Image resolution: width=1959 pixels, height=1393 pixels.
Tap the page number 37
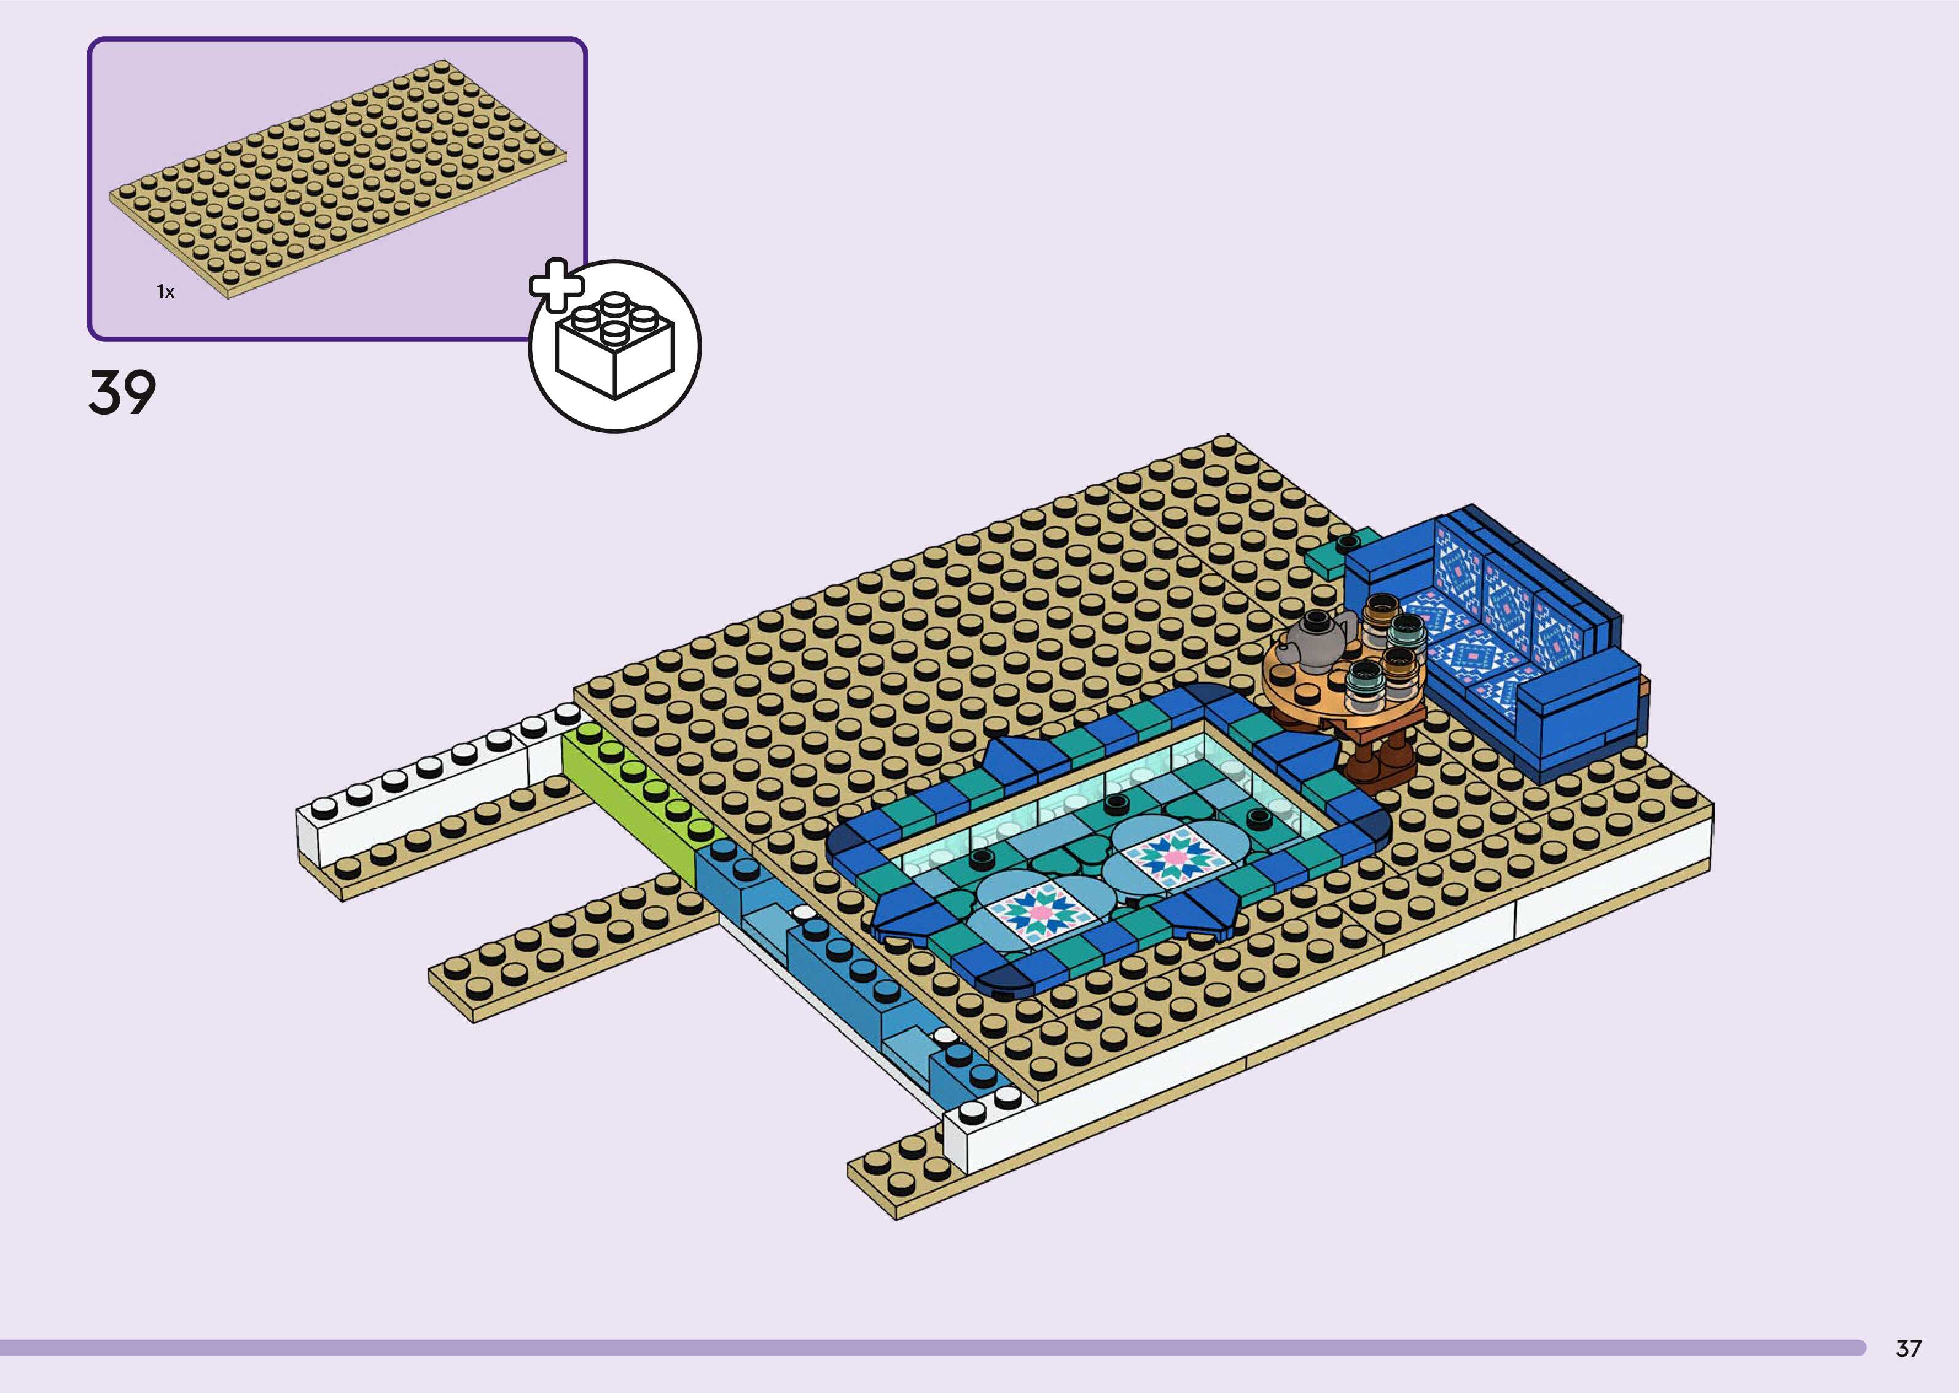click(1909, 1348)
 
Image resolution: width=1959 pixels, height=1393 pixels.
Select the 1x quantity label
click(165, 292)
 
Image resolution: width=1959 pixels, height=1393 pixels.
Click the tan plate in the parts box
click(338, 178)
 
